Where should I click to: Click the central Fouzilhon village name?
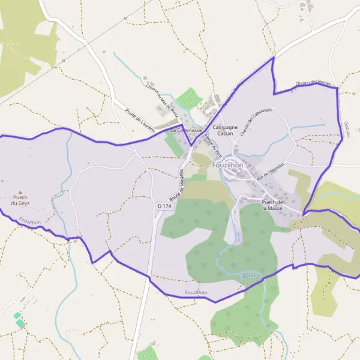[228, 164]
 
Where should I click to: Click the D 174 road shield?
[164, 206]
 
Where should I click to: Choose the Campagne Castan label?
[226, 130]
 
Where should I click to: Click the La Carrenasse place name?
[185, 130]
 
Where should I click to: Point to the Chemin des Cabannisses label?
[256, 122]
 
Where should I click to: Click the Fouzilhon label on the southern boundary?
[196, 292]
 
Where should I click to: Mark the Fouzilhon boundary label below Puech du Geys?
[29, 221]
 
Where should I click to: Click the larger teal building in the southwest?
[20, 323]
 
